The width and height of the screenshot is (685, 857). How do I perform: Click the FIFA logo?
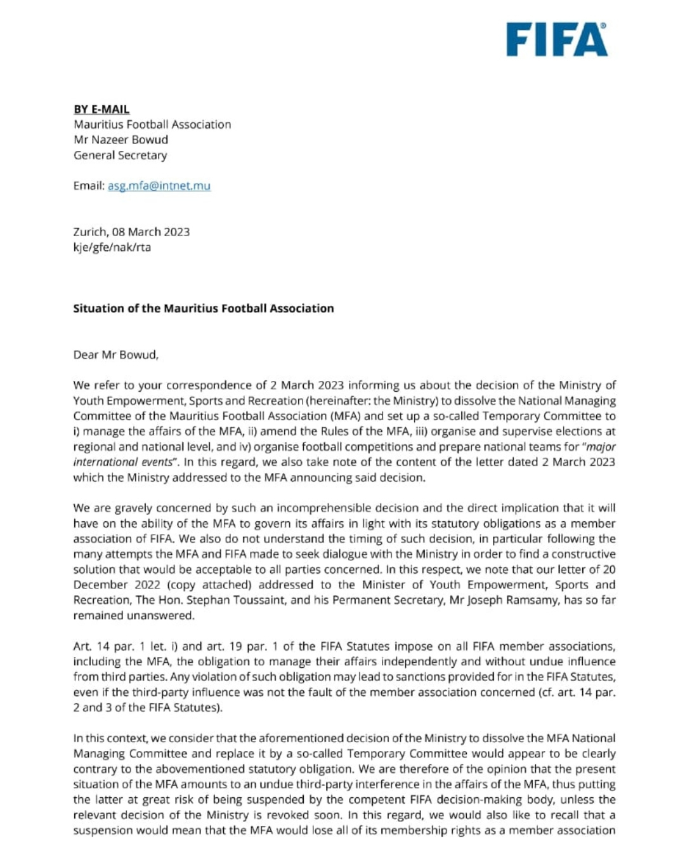pos(556,40)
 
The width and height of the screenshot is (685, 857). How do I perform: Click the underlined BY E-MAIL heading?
pos(101,109)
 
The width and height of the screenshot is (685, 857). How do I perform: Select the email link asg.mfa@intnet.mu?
pos(159,186)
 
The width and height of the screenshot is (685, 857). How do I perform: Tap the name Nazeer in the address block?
pos(115,140)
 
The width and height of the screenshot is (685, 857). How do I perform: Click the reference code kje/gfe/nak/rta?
pos(112,247)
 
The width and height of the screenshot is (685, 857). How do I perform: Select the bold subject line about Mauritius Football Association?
pos(203,309)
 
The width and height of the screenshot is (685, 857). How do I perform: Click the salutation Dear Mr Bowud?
pos(115,355)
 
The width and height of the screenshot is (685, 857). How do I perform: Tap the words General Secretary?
pos(120,155)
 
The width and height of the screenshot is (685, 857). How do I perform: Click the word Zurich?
pos(90,232)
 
